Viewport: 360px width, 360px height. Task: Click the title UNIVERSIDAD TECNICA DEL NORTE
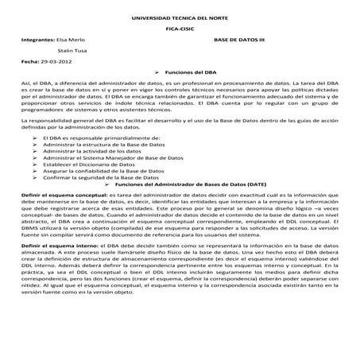click(x=180, y=17)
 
